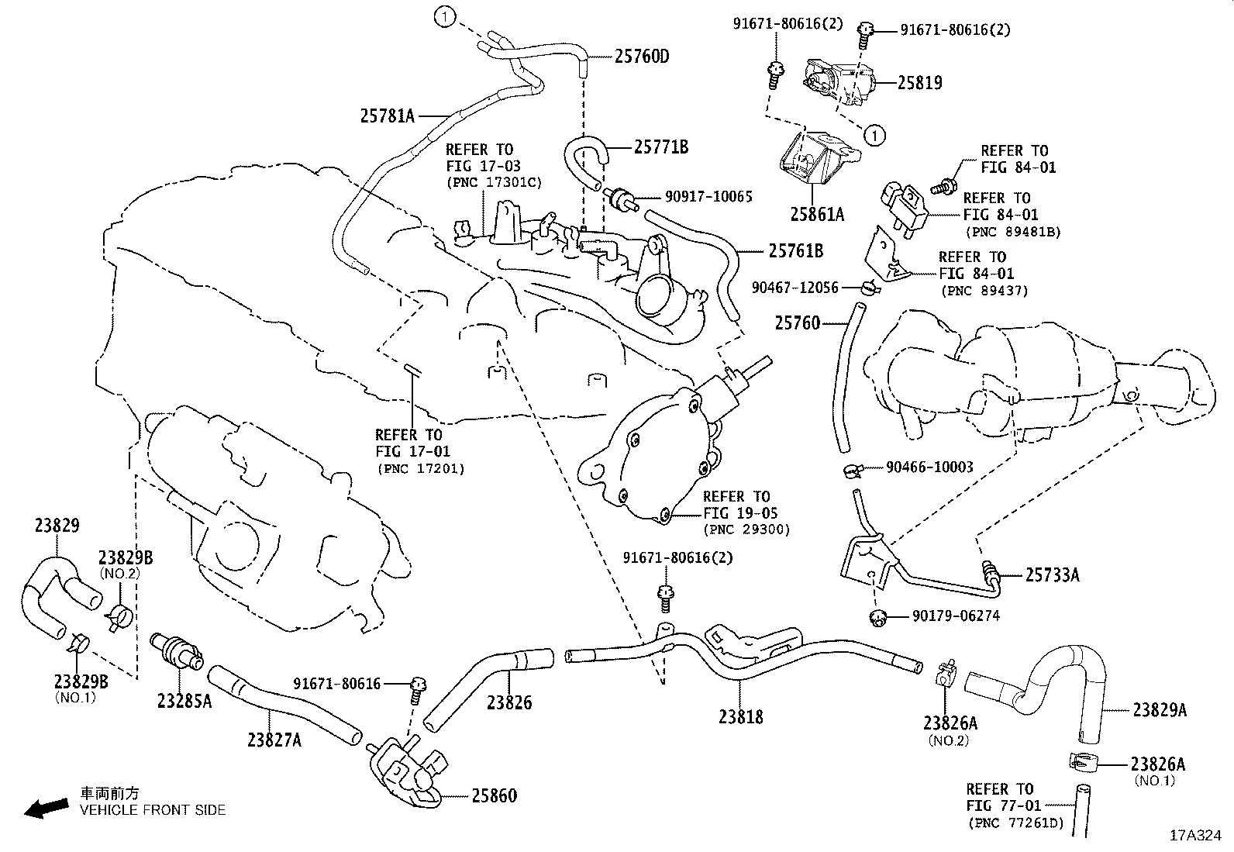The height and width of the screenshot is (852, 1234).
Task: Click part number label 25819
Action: (920, 83)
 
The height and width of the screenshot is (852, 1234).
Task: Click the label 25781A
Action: (388, 116)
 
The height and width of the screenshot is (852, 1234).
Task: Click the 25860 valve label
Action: (494, 796)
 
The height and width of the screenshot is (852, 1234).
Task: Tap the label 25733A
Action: (1052, 575)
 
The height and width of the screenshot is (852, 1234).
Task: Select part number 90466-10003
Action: (930, 467)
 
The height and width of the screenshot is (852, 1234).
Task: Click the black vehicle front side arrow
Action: (46, 807)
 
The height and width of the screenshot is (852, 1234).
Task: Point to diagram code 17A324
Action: (1195, 836)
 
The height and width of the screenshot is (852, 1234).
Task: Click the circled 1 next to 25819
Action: (874, 136)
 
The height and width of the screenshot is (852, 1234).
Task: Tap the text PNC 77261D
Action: (1015, 823)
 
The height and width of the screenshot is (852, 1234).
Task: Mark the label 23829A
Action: (1159, 710)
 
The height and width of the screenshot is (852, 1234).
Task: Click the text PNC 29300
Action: (746, 530)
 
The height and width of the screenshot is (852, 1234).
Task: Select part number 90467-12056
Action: (795, 288)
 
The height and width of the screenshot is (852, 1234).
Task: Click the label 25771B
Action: (660, 147)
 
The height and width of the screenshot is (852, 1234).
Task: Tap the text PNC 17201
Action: (421, 468)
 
